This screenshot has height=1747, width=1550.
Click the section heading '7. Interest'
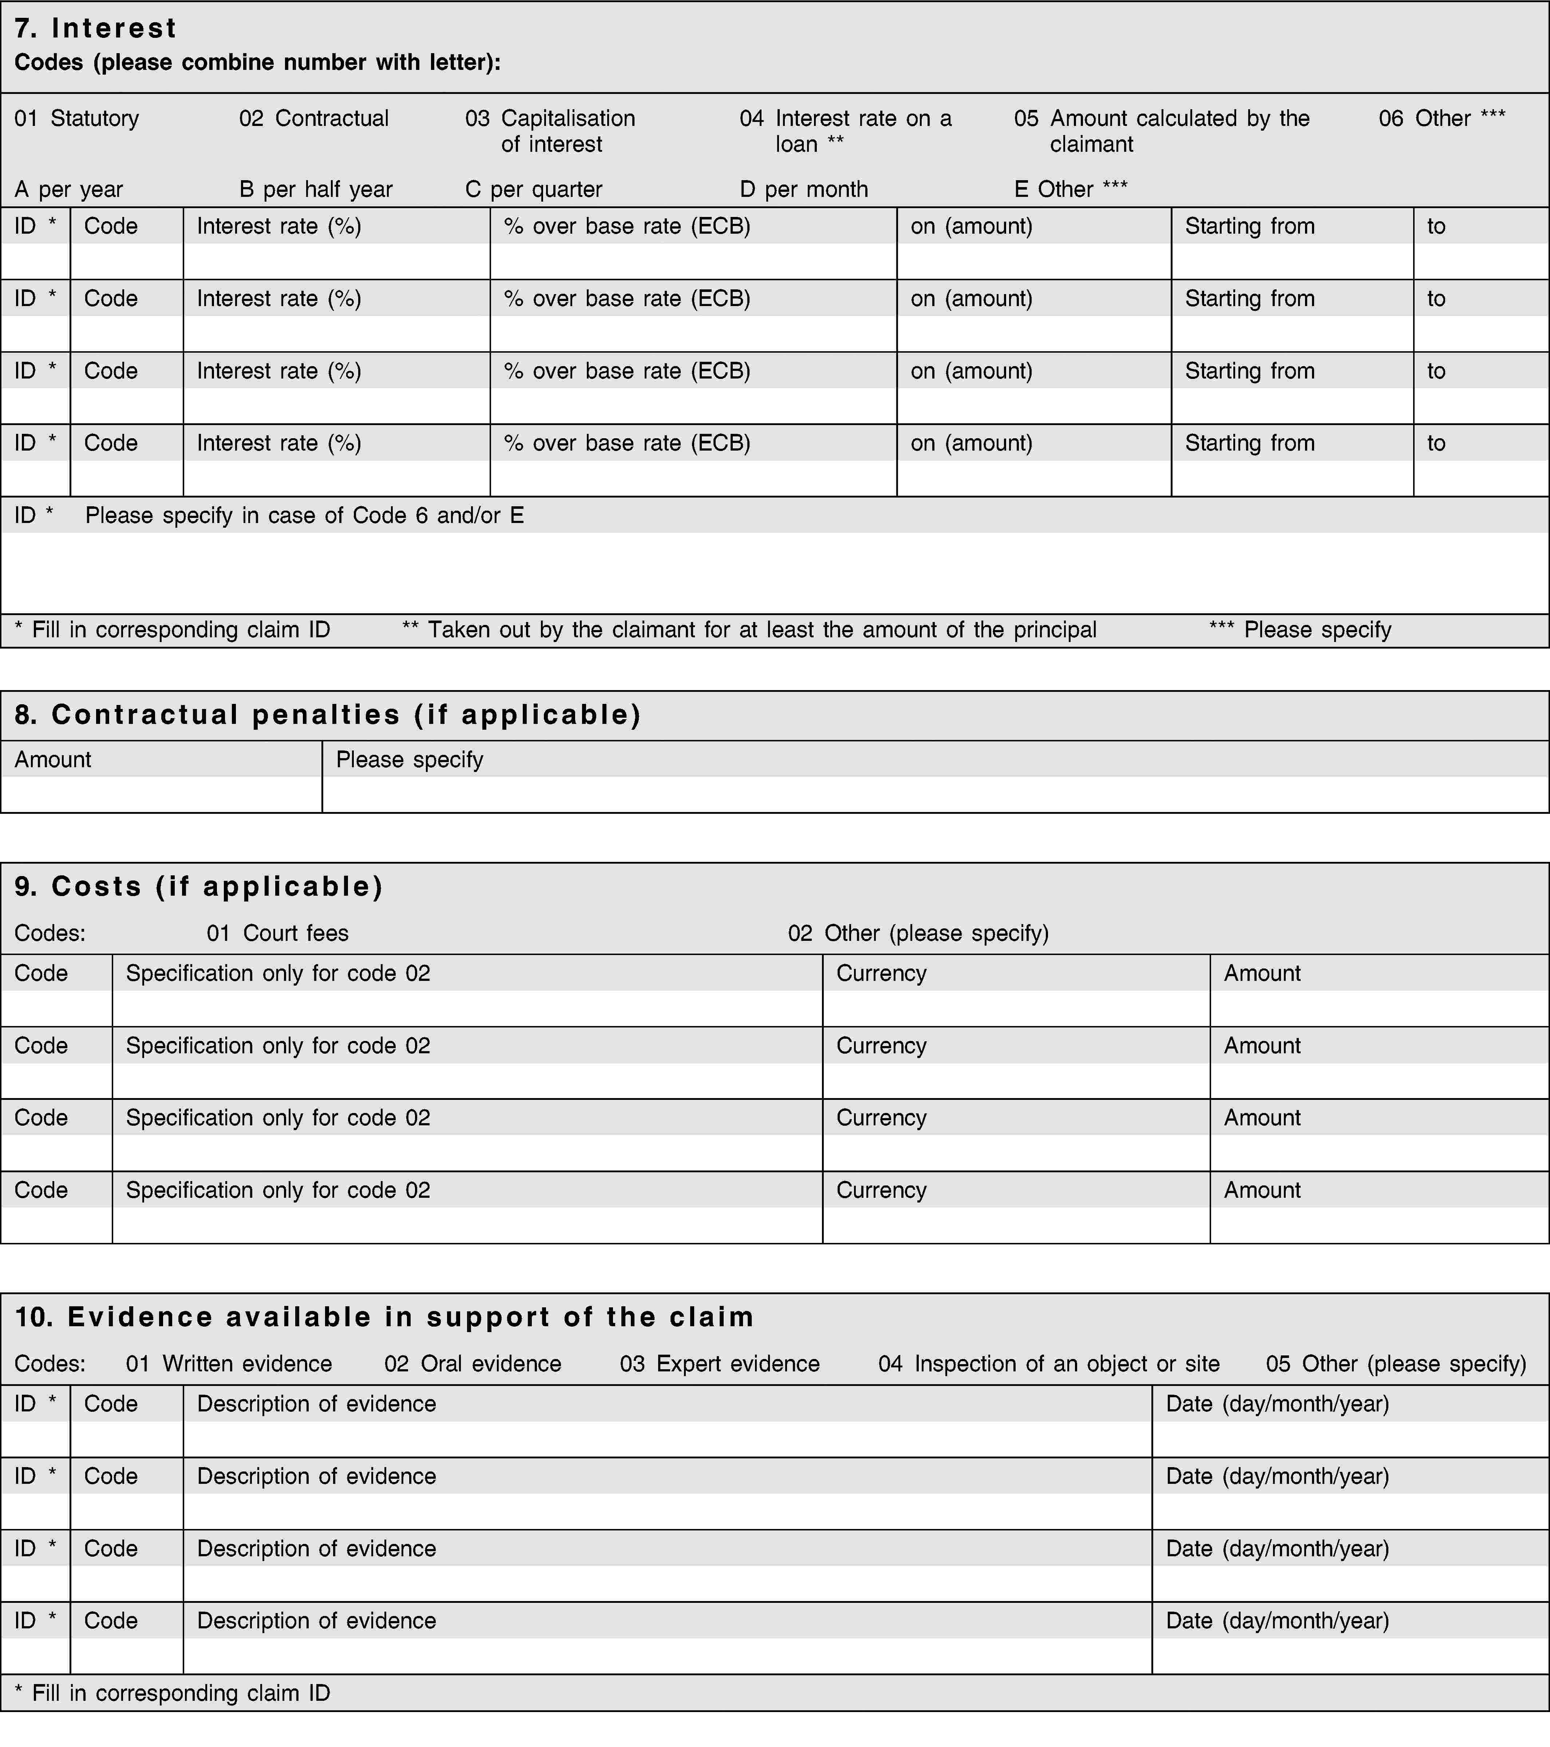click(96, 28)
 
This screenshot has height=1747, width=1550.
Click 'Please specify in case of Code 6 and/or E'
click(304, 515)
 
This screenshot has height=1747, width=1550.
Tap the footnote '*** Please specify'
click(1300, 630)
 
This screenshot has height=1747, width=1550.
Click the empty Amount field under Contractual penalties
click(161, 794)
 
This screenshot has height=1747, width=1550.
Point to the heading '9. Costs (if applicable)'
click(198, 886)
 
